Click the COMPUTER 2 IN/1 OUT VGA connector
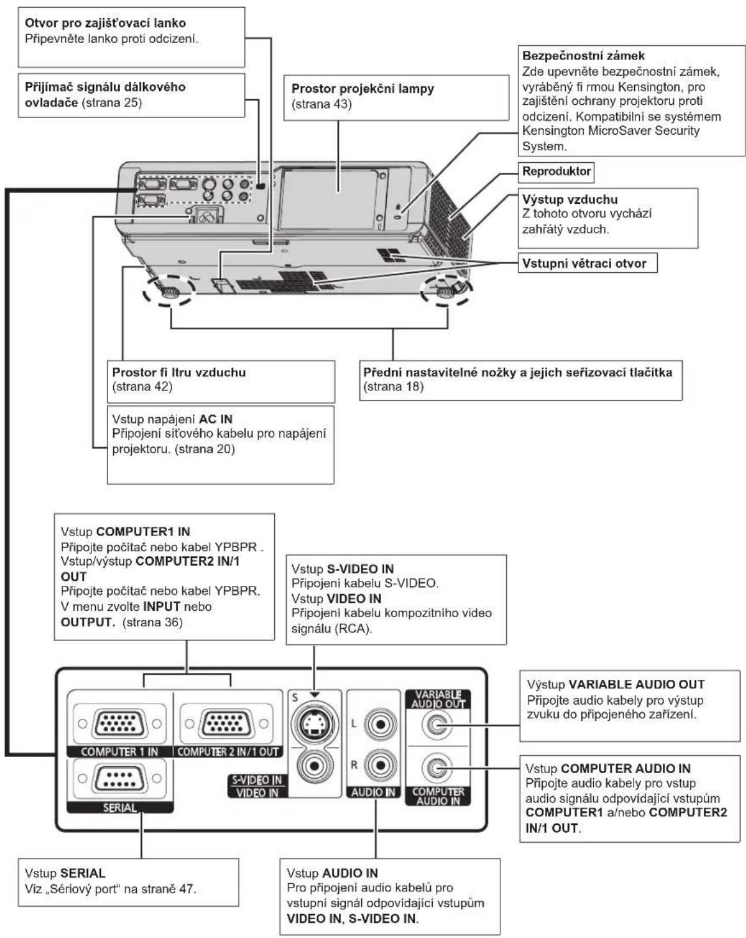[x=226, y=723]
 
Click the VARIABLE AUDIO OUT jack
[x=437, y=725]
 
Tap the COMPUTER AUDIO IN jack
[x=437, y=767]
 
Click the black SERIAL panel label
[x=120, y=807]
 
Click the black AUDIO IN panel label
[x=373, y=792]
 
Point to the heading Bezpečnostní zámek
[x=584, y=56]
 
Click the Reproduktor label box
[x=556, y=171]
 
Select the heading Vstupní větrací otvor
[x=584, y=263]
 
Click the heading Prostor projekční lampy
[x=362, y=88]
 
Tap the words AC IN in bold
[x=216, y=419]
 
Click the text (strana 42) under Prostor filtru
[x=142, y=387]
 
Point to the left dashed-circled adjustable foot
[x=168, y=291]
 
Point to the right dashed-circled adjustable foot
[x=446, y=291]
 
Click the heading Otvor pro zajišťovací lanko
[x=105, y=22]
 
